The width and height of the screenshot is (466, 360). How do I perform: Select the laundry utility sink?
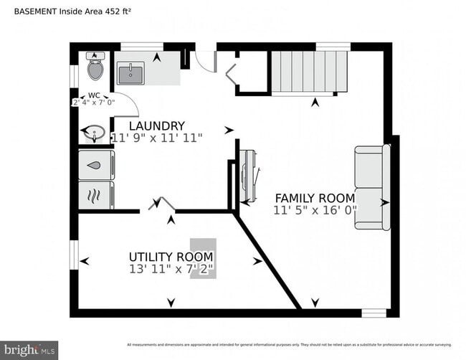click(131, 73)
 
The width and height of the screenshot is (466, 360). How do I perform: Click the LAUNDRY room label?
click(157, 125)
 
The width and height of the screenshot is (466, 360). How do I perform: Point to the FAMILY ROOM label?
click(315, 198)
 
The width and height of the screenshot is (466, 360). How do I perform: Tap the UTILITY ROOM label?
click(171, 257)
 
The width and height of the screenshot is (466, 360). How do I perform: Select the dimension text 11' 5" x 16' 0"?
click(315, 210)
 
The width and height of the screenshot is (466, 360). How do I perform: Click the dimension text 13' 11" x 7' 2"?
click(171, 269)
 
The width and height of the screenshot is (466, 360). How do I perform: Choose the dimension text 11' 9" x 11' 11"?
click(157, 137)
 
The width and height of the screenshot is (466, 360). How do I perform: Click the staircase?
click(304, 72)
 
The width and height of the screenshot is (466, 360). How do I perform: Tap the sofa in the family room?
click(372, 188)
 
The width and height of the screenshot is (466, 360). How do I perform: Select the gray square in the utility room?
click(202, 258)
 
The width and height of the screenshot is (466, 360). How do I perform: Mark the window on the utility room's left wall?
click(73, 255)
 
